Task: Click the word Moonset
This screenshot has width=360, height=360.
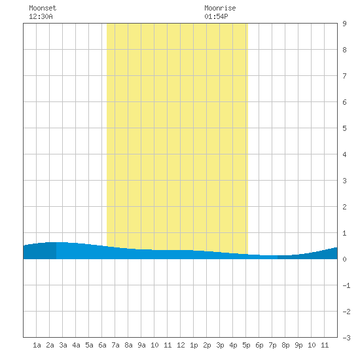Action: (x=43, y=8)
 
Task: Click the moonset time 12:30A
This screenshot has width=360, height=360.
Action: (x=41, y=16)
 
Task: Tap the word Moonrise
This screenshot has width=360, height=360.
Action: (x=220, y=8)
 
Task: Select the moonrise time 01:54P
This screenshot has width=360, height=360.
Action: (x=216, y=16)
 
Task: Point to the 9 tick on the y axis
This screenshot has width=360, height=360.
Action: (x=344, y=24)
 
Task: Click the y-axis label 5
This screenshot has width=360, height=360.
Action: (x=344, y=128)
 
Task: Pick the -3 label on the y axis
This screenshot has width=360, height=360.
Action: (x=346, y=338)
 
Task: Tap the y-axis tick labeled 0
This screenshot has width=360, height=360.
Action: (x=344, y=259)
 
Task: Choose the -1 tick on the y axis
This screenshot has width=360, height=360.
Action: (x=346, y=285)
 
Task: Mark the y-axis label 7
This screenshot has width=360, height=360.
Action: (x=344, y=76)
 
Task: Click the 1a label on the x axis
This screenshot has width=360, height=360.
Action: (x=37, y=345)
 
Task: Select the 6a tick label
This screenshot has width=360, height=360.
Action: (x=102, y=345)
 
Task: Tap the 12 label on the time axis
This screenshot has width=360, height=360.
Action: (x=181, y=345)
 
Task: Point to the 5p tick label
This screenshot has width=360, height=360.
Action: (x=246, y=345)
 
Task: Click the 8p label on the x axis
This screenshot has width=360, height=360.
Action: (x=285, y=345)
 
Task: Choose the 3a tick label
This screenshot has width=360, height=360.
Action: (x=63, y=345)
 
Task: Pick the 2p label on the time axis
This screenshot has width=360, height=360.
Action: (x=207, y=345)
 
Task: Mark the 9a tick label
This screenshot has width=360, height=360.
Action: (x=141, y=345)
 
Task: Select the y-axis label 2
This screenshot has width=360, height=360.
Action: (x=344, y=207)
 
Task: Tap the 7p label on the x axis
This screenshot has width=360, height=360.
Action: (x=272, y=345)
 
